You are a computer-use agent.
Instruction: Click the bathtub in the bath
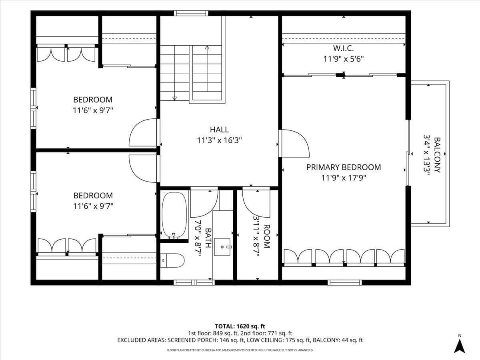[174, 215]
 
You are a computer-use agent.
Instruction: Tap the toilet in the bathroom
[172, 260]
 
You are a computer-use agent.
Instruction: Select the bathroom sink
[222, 247]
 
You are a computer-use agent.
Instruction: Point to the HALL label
[219, 130]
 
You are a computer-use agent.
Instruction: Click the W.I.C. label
[344, 48]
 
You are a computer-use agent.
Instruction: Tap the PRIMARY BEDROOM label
[344, 167]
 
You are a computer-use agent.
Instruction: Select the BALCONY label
[437, 155]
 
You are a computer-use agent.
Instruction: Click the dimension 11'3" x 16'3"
[219, 140]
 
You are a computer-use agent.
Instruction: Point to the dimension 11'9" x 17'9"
[344, 178]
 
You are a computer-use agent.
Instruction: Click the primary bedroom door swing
[296, 143]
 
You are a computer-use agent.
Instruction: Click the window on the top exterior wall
[191, 13]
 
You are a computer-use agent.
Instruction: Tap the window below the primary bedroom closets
[345, 283]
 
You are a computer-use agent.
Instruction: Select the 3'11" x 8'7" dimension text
[256, 236]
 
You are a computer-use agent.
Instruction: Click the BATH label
[208, 238]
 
